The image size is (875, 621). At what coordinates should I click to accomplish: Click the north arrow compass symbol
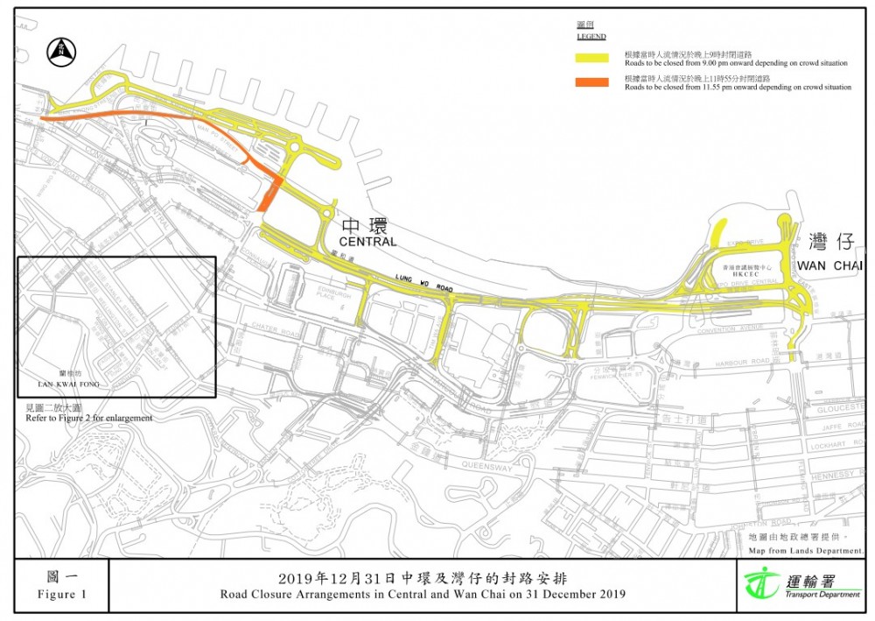point(59,51)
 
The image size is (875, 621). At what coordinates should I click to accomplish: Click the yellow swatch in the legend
point(591,58)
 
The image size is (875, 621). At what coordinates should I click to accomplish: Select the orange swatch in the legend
point(591,82)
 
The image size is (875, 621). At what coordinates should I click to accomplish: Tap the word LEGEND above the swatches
point(591,37)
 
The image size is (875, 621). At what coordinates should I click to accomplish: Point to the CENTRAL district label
point(368,242)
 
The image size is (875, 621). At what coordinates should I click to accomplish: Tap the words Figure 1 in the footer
point(62,595)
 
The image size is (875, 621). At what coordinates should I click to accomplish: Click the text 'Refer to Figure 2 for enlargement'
point(89,419)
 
